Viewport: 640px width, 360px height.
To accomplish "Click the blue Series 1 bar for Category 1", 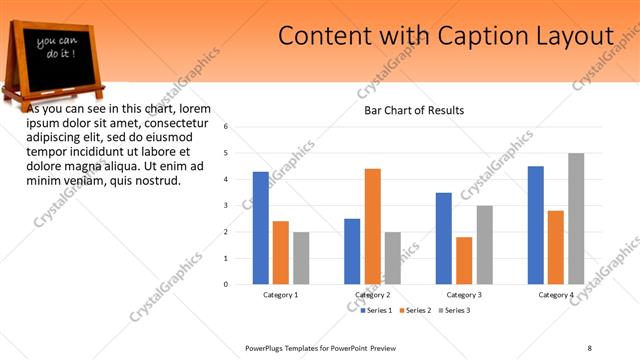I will coord(261,228).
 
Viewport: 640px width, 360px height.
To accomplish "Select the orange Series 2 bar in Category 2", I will coord(372,226).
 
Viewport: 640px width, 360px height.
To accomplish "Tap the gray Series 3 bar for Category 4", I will coord(576,218).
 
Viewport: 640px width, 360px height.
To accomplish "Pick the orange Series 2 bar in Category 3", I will coord(464,260).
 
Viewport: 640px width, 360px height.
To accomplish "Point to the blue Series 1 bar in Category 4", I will coord(536,225).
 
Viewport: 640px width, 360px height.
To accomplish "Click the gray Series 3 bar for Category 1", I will coord(301,258).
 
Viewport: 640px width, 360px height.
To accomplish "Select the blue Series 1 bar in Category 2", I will coord(352,251).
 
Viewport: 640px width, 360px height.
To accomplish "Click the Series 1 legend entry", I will coord(376,311).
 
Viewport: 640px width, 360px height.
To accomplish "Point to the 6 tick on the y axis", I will coord(227,127).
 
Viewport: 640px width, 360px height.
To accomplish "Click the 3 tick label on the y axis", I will coord(227,206).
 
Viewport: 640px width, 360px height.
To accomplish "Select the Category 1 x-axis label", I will coord(281,295).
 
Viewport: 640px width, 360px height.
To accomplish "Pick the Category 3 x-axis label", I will coord(464,295).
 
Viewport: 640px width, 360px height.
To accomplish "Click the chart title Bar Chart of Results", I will coord(414,110).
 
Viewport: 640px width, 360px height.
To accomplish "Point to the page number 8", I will coord(590,347).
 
